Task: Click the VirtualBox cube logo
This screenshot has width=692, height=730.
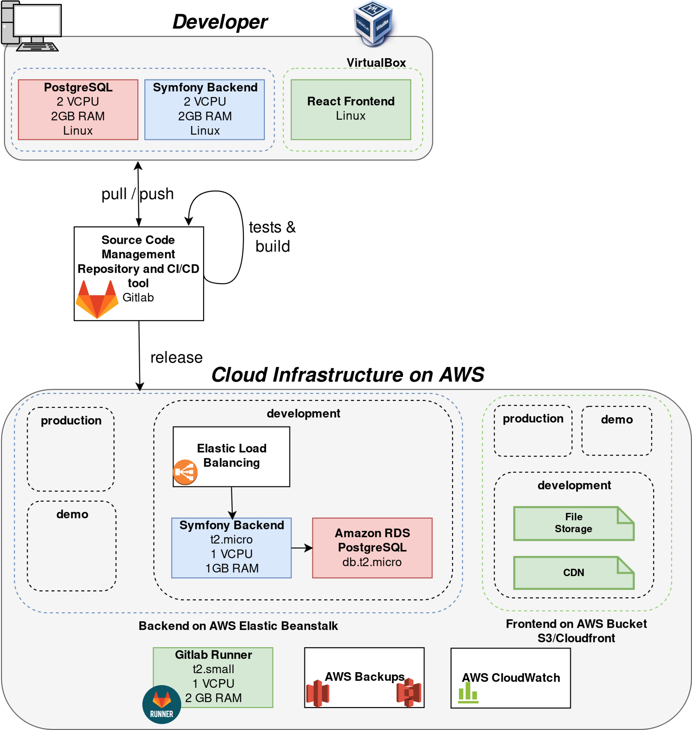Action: (x=373, y=23)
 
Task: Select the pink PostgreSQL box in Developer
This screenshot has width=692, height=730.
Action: (x=78, y=110)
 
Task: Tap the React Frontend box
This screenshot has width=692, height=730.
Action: (x=351, y=110)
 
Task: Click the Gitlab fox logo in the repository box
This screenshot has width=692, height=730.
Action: (x=97, y=299)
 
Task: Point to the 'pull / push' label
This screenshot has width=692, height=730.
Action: (x=138, y=194)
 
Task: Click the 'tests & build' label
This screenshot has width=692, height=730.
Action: (x=273, y=237)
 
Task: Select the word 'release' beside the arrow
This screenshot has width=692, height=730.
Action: (x=176, y=358)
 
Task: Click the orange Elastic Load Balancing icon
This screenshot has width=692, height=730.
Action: (x=185, y=472)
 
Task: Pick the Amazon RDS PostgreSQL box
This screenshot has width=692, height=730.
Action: (x=372, y=548)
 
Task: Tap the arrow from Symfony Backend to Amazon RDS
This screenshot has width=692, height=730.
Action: (x=302, y=548)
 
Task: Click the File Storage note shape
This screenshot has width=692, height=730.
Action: (x=574, y=524)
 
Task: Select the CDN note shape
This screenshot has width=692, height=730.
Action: (x=574, y=573)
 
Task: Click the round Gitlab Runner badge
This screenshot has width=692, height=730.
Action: (x=162, y=705)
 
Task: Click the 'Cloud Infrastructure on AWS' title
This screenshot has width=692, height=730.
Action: (x=347, y=375)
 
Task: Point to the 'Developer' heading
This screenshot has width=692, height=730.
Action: (x=220, y=22)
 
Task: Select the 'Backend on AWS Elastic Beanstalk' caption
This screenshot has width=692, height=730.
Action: (x=238, y=626)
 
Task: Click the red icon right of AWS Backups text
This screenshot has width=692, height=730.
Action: (x=409, y=693)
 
